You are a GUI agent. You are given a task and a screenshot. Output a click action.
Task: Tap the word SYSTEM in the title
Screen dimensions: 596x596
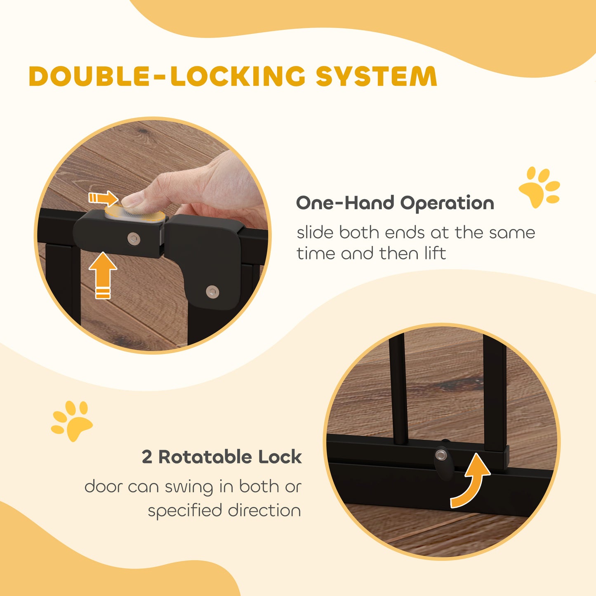coord(376,76)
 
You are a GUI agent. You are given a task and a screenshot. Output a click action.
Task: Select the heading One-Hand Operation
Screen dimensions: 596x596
coord(395,203)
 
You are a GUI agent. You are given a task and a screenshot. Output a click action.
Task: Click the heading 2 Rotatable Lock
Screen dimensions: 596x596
coord(221,457)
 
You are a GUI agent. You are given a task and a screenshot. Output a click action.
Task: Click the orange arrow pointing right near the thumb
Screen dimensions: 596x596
coord(103,198)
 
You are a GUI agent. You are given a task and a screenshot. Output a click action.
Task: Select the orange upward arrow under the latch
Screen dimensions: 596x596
coord(103,274)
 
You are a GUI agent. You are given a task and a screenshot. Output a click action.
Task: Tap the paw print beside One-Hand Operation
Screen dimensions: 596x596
coord(539,187)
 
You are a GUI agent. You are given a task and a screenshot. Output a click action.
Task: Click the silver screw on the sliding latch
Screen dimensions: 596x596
coord(133,238)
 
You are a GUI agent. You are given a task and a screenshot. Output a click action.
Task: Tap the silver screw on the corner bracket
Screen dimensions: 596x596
coord(212,291)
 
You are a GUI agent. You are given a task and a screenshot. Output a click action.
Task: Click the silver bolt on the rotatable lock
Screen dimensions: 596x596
coord(441,455)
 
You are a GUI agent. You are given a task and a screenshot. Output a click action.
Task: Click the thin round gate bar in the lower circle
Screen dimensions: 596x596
coord(398,388)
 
